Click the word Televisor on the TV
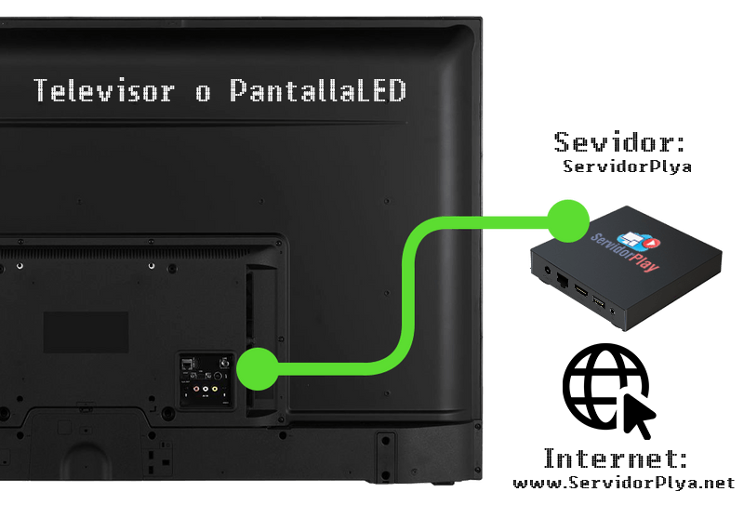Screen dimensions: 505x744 click(103, 91)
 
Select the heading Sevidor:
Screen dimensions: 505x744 click(619, 142)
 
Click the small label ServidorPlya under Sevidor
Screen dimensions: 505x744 click(627, 167)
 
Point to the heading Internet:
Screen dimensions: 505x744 click(616, 458)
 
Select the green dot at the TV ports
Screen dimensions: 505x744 click(256, 368)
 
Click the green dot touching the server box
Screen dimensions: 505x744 click(567, 219)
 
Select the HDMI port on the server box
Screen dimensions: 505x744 click(579, 290)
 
